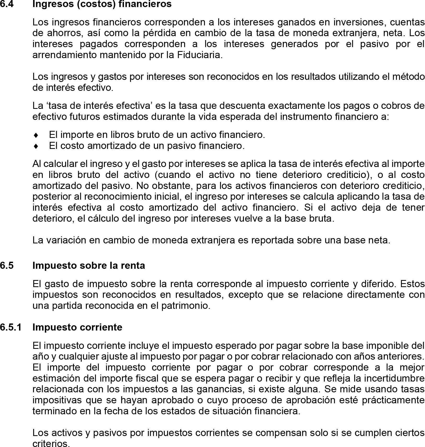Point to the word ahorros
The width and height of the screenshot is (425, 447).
tap(64, 33)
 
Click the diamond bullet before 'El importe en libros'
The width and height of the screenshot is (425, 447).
tap(36, 135)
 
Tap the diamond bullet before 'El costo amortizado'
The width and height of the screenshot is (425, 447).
tap(36, 146)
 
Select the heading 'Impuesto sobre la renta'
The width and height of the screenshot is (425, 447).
tap(89, 265)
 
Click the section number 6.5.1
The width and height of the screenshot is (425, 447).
tap(11, 327)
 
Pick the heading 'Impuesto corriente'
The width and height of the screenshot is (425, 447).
tap(77, 327)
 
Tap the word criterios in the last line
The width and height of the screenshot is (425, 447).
tap(51, 443)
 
